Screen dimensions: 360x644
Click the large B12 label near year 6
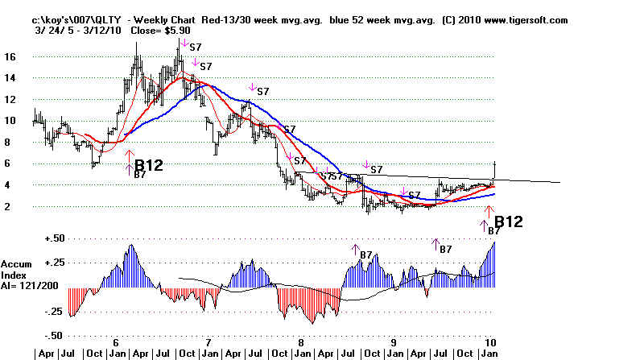point(149,165)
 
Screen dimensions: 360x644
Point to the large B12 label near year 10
point(509,221)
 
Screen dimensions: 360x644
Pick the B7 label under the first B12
point(139,175)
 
